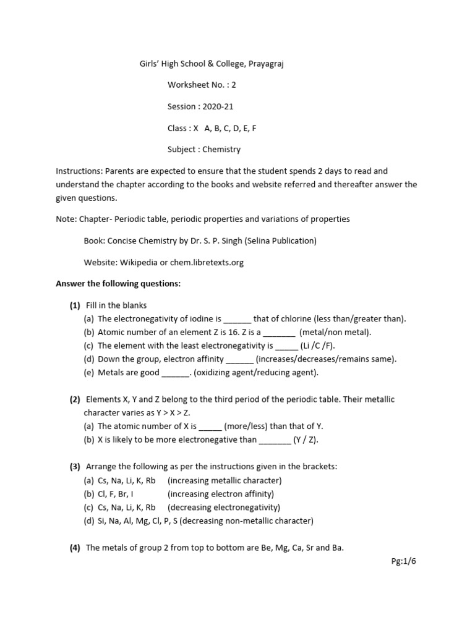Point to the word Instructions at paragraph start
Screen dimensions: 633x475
click(x=79, y=171)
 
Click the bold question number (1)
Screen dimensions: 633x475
click(x=75, y=305)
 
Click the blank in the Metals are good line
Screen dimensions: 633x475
click(x=175, y=373)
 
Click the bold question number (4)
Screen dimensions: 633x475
click(x=75, y=548)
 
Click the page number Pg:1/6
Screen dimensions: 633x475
click(x=404, y=561)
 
